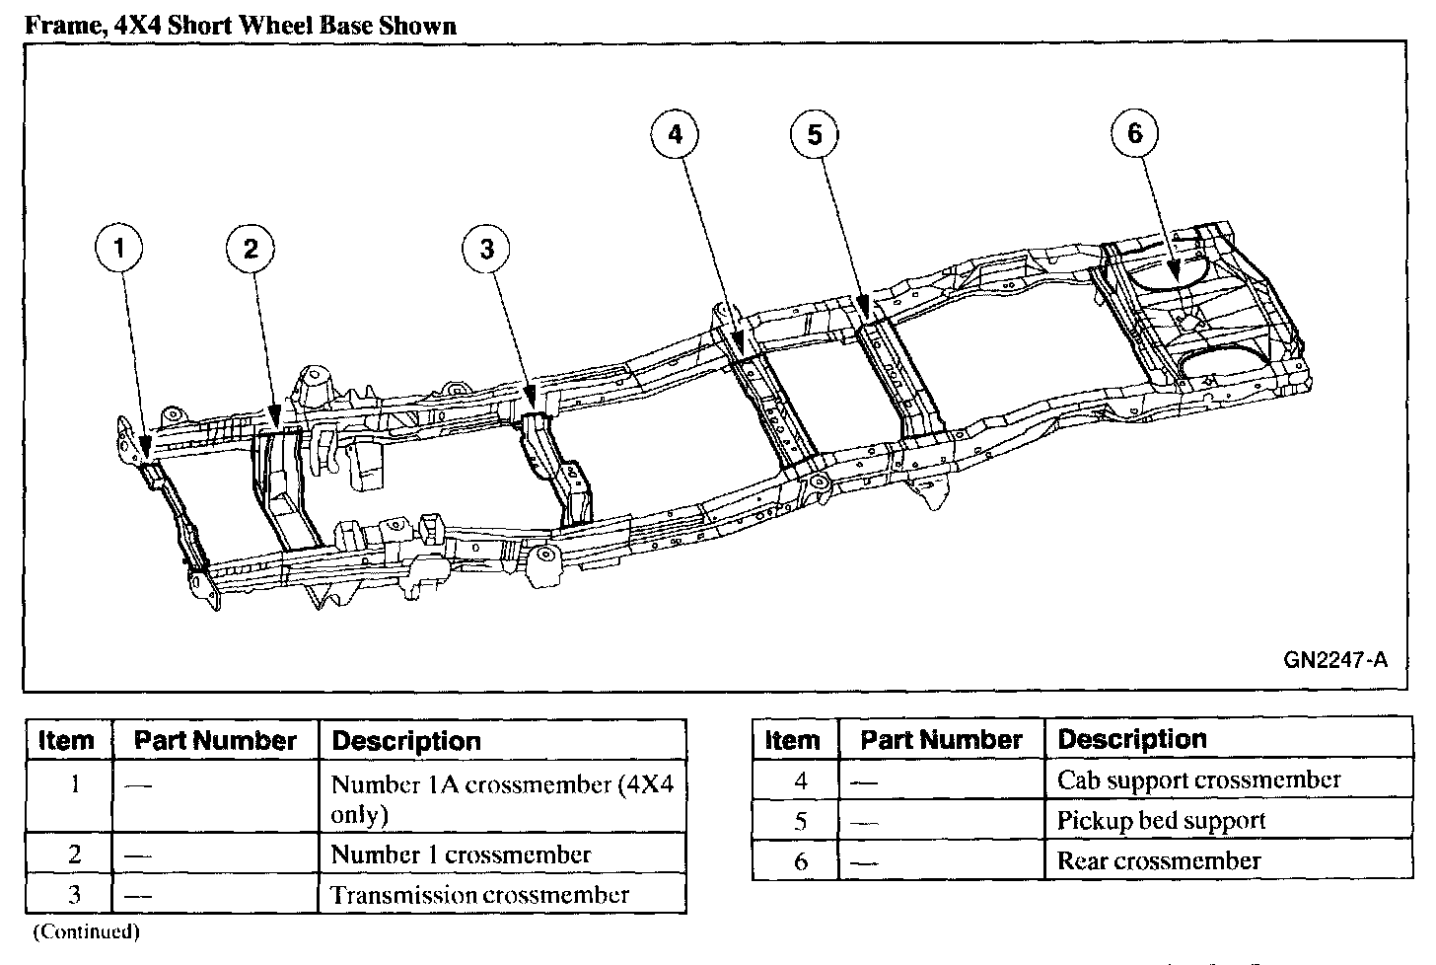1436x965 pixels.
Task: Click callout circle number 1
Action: (x=120, y=249)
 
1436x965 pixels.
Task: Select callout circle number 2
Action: (x=251, y=249)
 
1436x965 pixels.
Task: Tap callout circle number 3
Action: (x=487, y=250)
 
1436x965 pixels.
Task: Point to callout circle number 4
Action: (x=675, y=135)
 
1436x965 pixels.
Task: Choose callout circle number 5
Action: (x=815, y=135)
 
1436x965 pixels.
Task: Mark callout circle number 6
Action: (x=1134, y=134)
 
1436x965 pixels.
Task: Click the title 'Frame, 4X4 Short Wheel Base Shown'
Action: (x=241, y=26)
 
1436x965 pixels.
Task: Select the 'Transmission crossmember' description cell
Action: (x=479, y=895)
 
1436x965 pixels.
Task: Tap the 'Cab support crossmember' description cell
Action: (x=1198, y=779)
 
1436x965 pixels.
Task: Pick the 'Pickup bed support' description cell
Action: (x=1161, y=820)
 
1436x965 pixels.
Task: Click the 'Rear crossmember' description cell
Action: (x=1159, y=860)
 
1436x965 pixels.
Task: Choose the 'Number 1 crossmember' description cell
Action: (x=461, y=854)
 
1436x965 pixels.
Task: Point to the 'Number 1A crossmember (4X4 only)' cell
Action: (x=502, y=799)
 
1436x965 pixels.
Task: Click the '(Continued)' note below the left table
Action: (x=86, y=931)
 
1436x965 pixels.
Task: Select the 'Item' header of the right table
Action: (x=793, y=740)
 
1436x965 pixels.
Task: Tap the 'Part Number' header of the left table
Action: (x=215, y=741)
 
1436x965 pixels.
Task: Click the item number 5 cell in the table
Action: (x=800, y=821)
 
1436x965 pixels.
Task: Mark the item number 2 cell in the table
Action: (x=74, y=854)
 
